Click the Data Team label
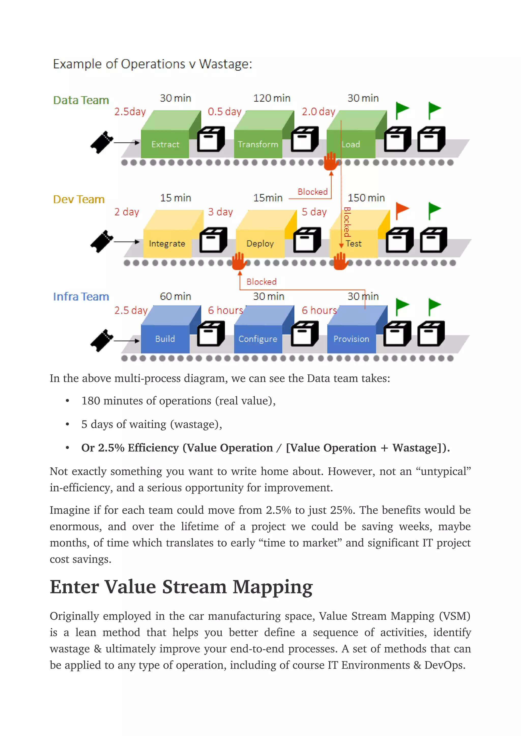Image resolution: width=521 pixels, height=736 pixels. [81, 100]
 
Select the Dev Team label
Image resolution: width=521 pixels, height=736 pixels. [79, 199]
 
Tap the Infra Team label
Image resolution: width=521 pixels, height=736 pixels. [81, 297]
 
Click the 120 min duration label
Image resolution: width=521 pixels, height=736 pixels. [272, 98]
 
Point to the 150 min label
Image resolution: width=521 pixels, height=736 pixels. [366, 198]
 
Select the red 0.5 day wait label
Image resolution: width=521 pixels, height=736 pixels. [224, 111]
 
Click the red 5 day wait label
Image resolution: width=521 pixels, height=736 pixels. [314, 212]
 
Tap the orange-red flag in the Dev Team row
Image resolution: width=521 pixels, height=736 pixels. [402, 210]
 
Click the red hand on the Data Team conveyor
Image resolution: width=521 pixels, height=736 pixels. [331, 161]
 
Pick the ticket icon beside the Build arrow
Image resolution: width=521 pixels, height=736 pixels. [102, 340]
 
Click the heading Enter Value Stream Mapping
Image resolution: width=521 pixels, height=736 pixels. [181, 587]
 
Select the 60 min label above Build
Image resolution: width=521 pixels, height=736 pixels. [175, 296]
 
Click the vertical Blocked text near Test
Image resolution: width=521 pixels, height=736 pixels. [347, 222]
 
